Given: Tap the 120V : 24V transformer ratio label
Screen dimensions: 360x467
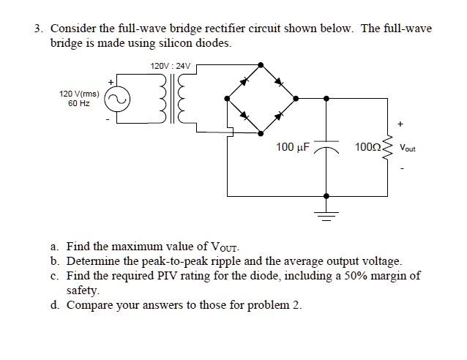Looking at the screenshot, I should tap(170, 67).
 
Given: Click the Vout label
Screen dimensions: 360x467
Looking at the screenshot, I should tap(407, 148).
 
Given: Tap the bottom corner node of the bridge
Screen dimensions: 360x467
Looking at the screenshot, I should tap(261, 133).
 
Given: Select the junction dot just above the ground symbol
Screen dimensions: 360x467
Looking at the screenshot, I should tap(326, 196).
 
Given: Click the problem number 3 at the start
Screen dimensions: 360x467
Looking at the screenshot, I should tap(37, 29).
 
